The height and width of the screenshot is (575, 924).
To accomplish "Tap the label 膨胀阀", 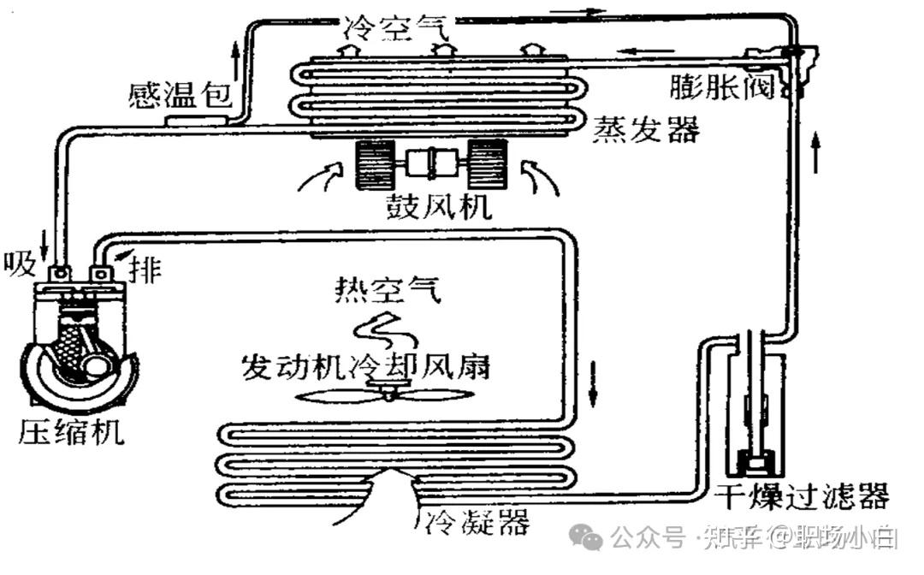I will tap(723, 86).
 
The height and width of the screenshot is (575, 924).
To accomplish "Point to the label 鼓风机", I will tap(437, 205).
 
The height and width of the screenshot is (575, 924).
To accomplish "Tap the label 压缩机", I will tap(70, 432).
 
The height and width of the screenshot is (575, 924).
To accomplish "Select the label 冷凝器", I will tap(476, 520).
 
